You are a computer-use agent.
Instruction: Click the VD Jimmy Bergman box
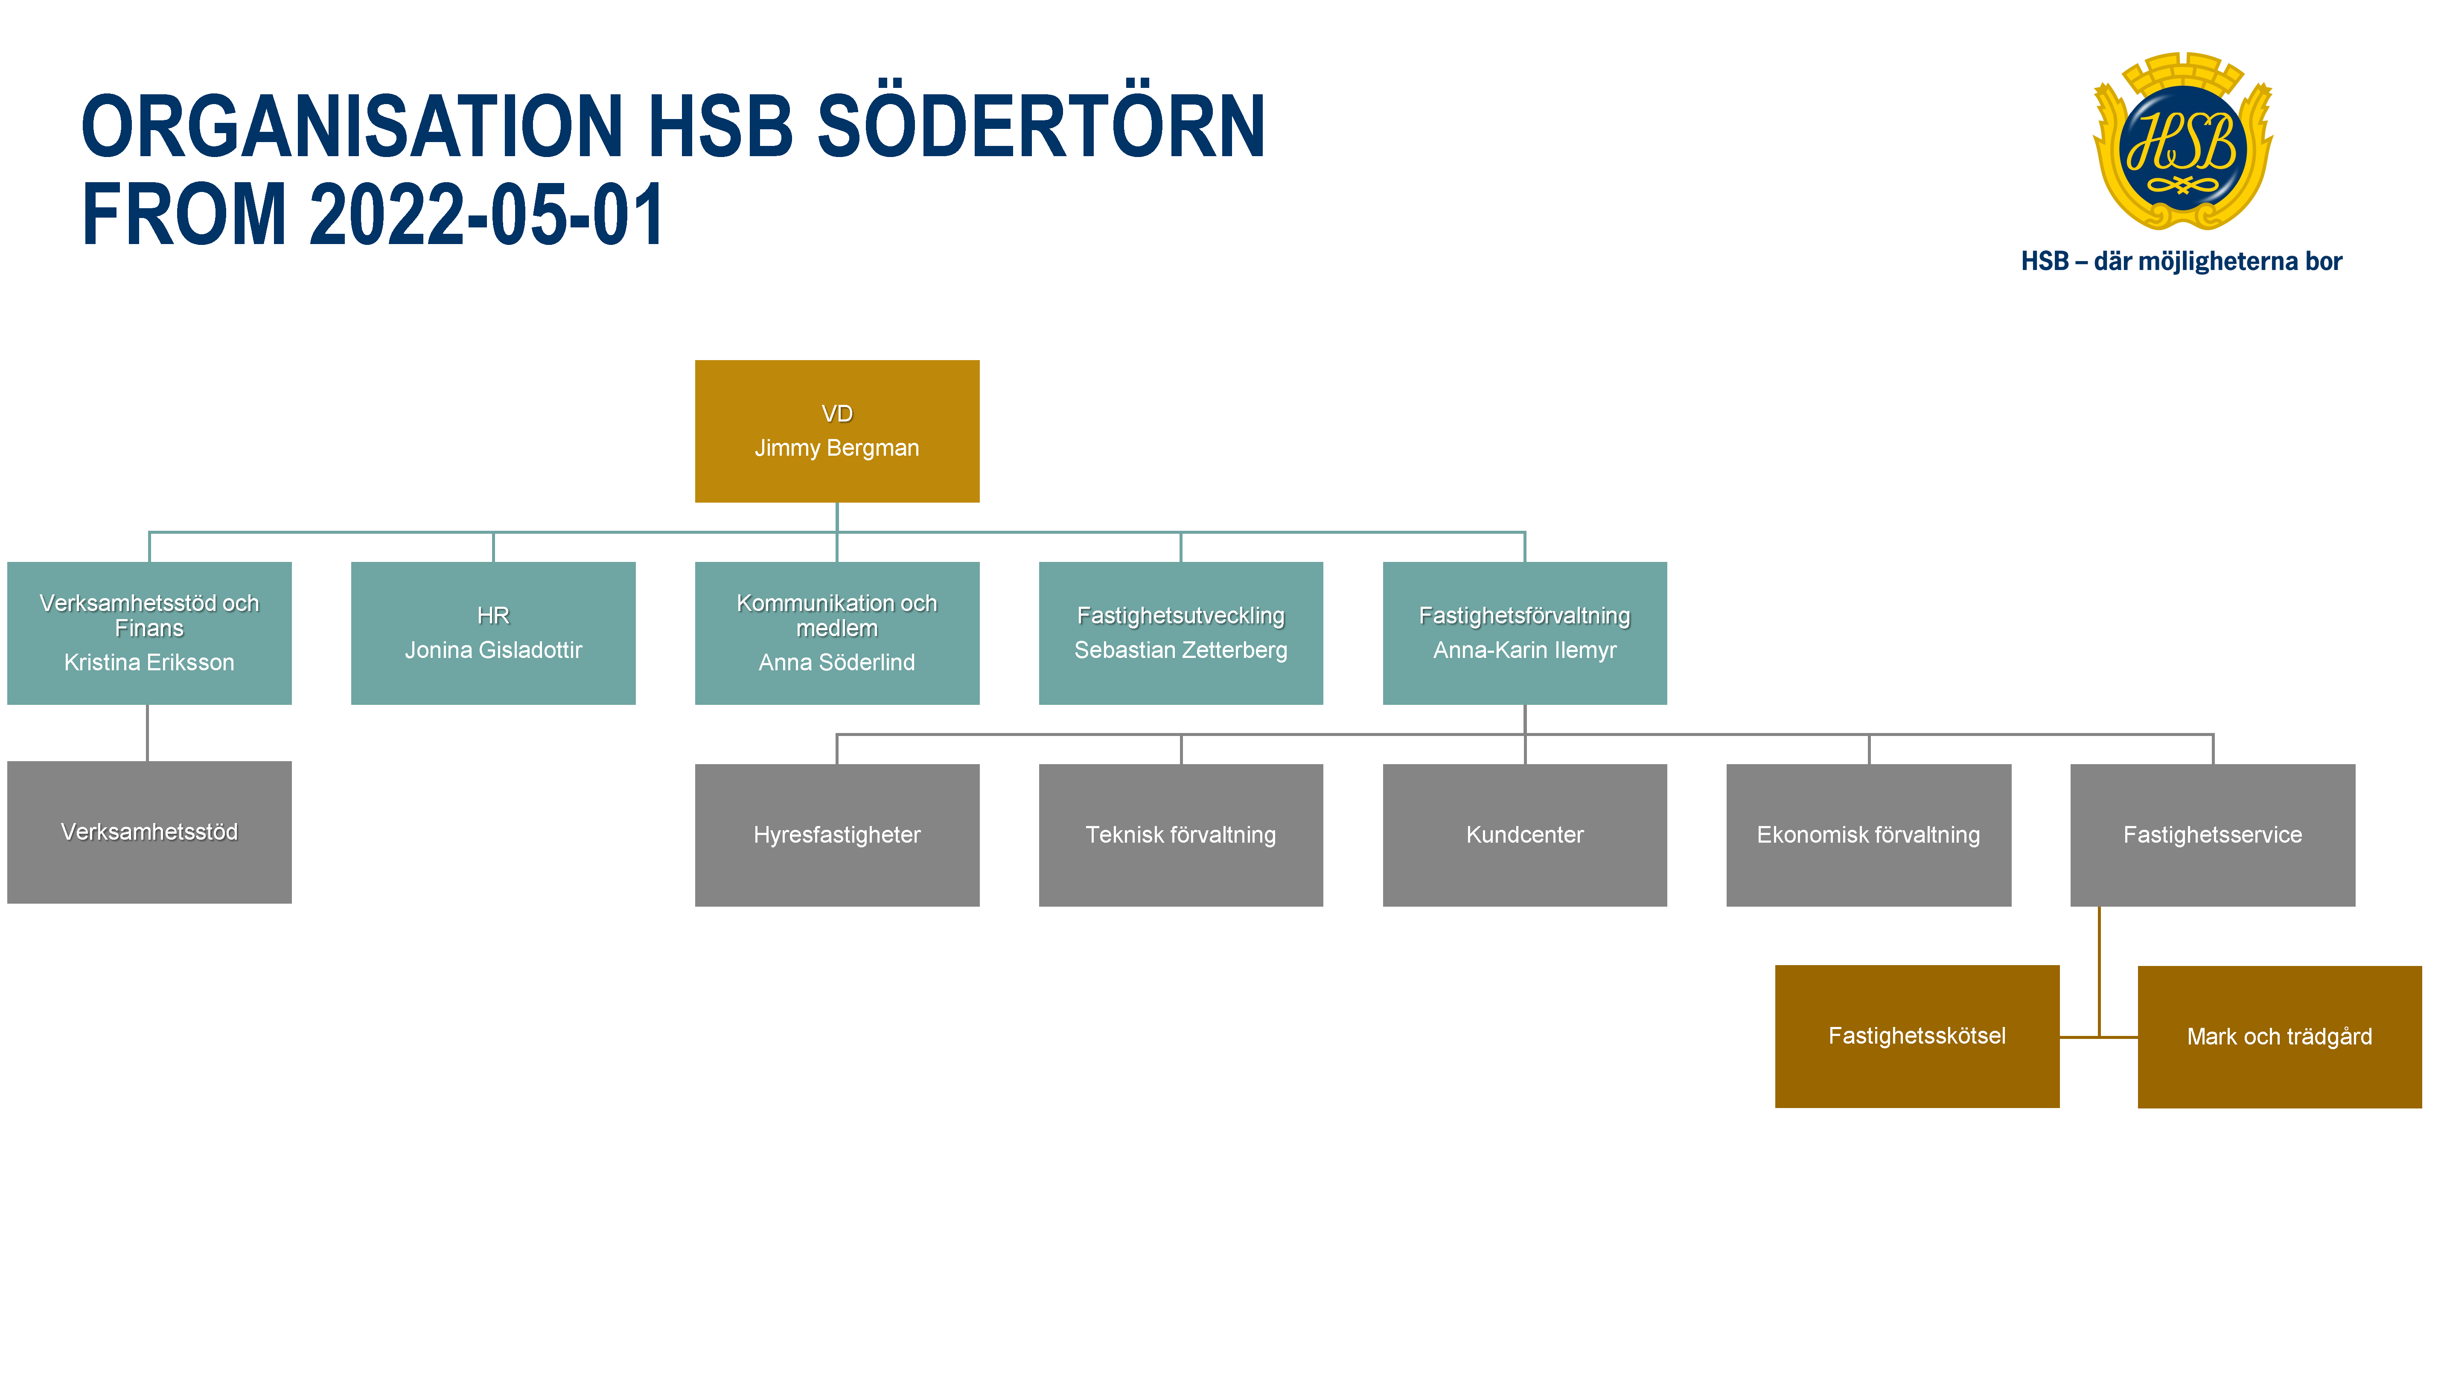837,431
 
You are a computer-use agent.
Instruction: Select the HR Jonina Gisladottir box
493,633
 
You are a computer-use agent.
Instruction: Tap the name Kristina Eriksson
149,662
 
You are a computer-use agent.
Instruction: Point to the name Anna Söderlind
837,662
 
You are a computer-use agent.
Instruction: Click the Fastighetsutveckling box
1181,633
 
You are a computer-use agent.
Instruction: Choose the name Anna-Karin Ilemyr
1525,650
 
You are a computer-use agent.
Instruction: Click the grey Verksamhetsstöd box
149,832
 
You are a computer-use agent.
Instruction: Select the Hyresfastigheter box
837,835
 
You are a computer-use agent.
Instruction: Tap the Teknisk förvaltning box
1181,835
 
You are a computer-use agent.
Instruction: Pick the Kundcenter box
1525,835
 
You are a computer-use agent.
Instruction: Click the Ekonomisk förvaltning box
1869,835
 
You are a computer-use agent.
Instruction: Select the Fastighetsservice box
2213,835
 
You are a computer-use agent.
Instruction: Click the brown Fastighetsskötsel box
1917,1036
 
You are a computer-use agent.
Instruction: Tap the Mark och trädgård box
2279,1037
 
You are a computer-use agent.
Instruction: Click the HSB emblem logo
2182,142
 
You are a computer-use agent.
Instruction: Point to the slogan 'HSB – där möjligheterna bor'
2182,262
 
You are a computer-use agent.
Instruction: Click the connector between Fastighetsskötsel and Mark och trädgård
2099,1037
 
